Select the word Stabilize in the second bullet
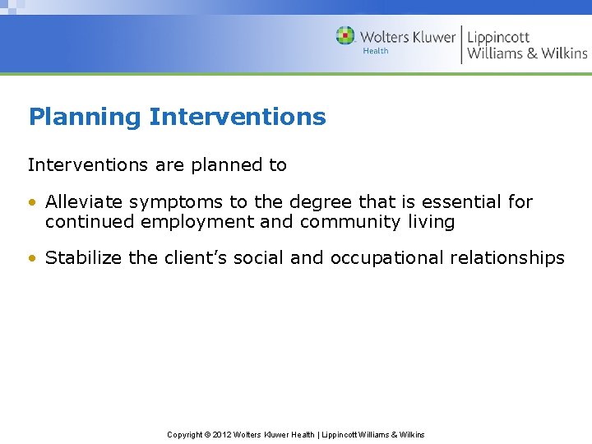pyautogui.click(x=84, y=258)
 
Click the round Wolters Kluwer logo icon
pyautogui.click(x=345, y=36)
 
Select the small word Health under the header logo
pyautogui.click(x=376, y=51)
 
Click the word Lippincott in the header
pyautogui.click(x=498, y=37)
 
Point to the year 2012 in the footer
pyautogui.click(x=223, y=434)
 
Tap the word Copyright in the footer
pyautogui.click(x=185, y=434)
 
